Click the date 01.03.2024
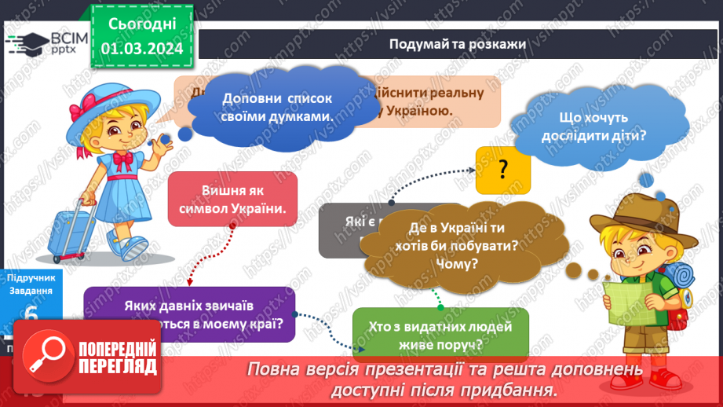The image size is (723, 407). [x=141, y=49]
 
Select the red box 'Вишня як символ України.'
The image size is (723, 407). [x=233, y=200]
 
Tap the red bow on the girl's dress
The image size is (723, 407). [x=123, y=160]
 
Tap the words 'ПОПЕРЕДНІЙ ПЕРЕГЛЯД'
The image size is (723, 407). [x=118, y=356]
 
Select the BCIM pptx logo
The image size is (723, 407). [x=47, y=43]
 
